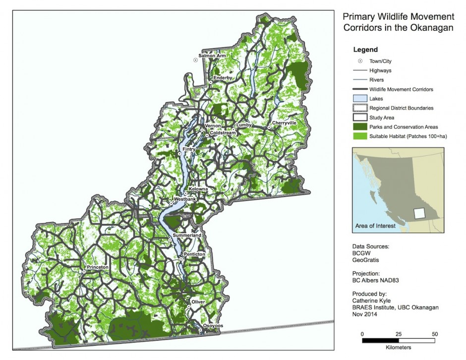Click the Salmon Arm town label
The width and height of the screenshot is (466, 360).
(x=212, y=56)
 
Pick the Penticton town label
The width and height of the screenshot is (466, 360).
(x=194, y=254)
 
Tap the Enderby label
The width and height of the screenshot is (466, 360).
(x=223, y=78)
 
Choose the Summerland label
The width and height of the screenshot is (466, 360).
(x=187, y=235)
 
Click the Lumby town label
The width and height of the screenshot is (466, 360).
(x=244, y=125)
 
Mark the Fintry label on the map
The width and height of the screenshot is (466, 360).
(x=189, y=149)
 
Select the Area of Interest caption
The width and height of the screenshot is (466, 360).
(x=375, y=226)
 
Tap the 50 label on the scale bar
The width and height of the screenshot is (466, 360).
(x=435, y=333)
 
